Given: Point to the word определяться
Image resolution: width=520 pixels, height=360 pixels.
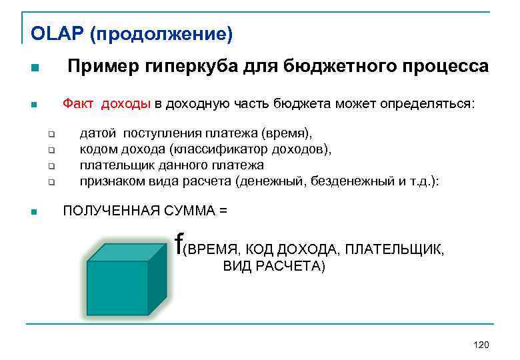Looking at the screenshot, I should tap(434, 104).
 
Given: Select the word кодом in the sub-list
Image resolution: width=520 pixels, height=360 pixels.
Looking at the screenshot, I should tap(98, 149).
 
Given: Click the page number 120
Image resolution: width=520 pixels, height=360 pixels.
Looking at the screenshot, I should tap(480, 344).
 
